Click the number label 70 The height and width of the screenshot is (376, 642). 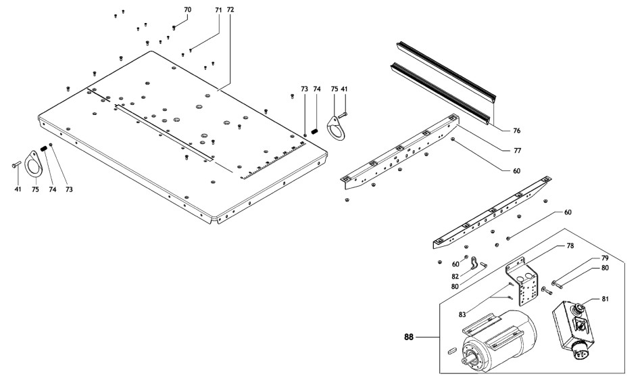click(x=187, y=9)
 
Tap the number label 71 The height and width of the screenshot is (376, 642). click(x=218, y=11)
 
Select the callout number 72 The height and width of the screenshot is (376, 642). click(x=230, y=11)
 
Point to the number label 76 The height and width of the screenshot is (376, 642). click(x=516, y=130)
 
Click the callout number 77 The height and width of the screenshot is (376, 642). click(x=516, y=149)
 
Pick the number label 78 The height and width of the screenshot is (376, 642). click(x=570, y=246)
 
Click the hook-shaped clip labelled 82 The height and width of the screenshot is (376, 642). click(x=476, y=263)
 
